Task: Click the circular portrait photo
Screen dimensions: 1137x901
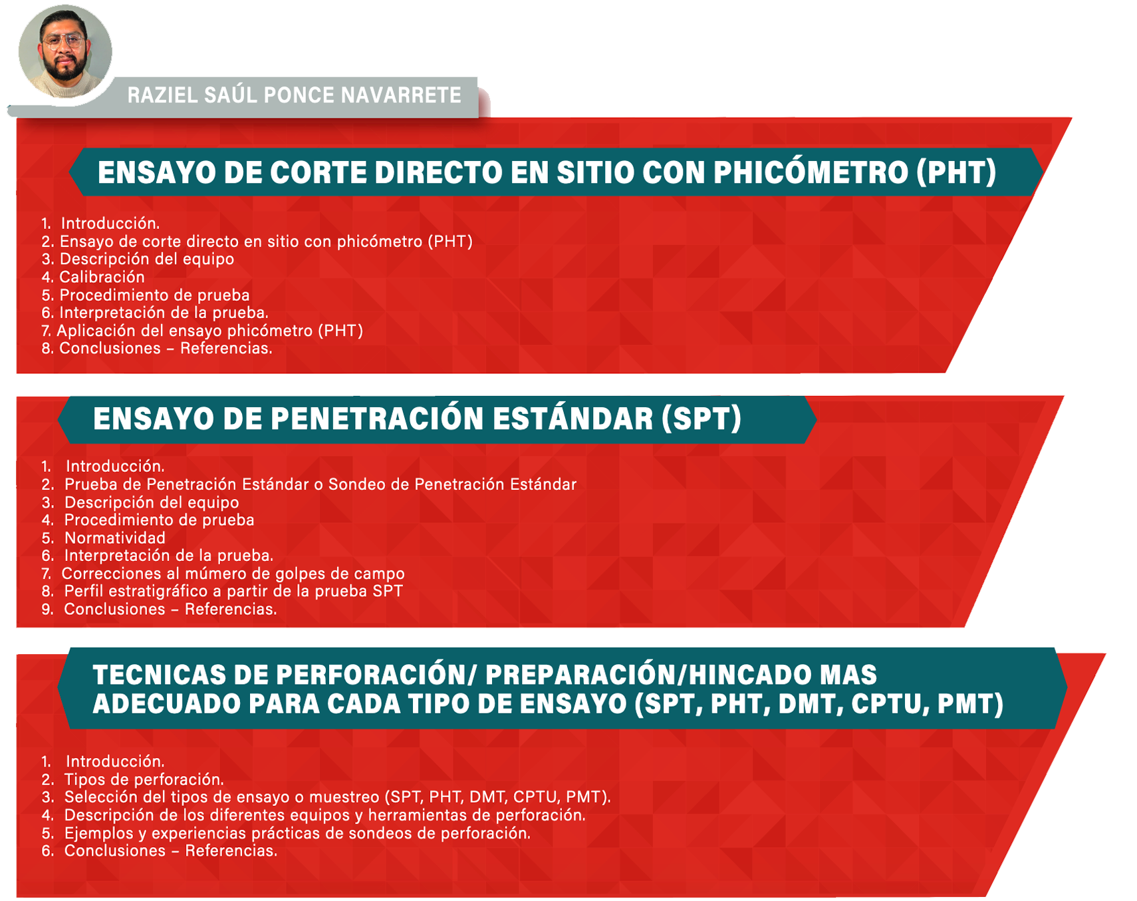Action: tap(65, 52)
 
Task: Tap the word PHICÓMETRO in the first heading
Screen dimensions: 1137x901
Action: tap(811, 172)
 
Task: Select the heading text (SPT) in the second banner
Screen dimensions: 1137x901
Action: tap(701, 419)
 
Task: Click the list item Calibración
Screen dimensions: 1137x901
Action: tap(102, 277)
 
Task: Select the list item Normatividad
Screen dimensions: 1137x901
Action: tap(115, 538)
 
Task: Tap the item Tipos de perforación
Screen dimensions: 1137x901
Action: tap(144, 779)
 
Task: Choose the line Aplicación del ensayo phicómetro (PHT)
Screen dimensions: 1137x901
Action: tap(210, 331)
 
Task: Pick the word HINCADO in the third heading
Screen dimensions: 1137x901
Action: tap(750, 675)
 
